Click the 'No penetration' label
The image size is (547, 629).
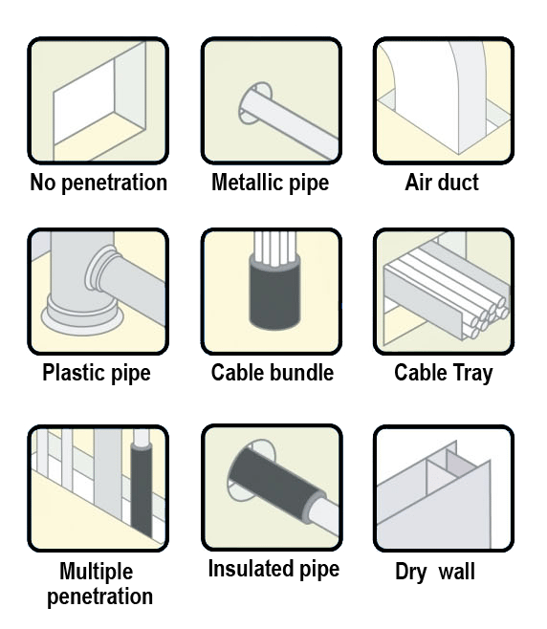[x=98, y=183]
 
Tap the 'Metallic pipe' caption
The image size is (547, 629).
[x=270, y=183]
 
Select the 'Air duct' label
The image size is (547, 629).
[x=442, y=183]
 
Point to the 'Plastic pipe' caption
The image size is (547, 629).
[x=97, y=373]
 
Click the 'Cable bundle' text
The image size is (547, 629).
[x=273, y=373]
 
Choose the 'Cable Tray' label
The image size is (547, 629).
[x=444, y=373]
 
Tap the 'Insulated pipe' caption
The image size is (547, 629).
[x=273, y=569]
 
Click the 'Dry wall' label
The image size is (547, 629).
[x=435, y=572]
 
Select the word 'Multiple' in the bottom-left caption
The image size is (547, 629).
[x=97, y=572]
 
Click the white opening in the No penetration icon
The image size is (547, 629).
[x=83, y=100]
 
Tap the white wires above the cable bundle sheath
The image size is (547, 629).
[x=274, y=248]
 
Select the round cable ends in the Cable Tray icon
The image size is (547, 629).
[x=489, y=316]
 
